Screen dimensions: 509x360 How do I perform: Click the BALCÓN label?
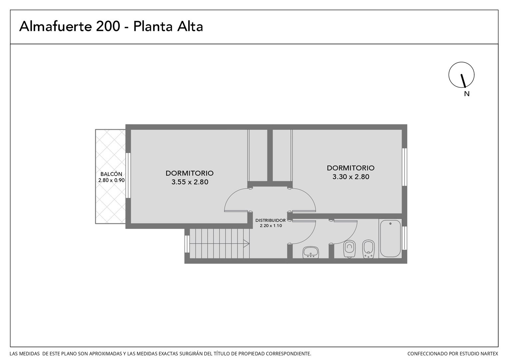point(111,174)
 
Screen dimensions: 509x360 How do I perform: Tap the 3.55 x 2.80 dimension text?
point(190,182)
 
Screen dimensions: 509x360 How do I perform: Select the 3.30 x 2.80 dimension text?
point(351,177)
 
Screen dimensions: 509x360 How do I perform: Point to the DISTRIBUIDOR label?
point(270,220)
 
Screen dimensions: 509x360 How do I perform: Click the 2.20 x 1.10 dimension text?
point(271,226)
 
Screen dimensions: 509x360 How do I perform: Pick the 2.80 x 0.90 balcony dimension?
point(111,180)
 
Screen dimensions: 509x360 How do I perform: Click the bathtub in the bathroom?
point(390,238)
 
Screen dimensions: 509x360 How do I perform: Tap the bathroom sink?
point(310,252)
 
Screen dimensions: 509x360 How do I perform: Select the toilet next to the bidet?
point(349,249)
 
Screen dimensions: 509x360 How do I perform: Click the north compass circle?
point(461,75)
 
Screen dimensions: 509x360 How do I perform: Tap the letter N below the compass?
point(467,94)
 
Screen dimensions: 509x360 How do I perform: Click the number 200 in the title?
point(108,26)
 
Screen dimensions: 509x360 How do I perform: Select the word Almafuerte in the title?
point(55,26)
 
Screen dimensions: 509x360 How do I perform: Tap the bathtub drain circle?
point(390,224)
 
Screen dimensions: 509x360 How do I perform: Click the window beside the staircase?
point(187,244)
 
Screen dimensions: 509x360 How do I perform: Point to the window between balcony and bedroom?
point(128,175)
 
